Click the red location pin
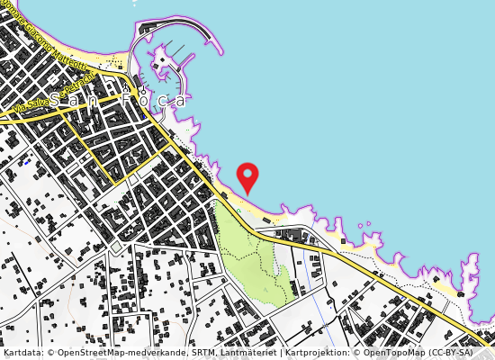247,175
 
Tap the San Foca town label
117,100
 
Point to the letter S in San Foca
56,100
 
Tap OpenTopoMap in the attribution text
392,353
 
